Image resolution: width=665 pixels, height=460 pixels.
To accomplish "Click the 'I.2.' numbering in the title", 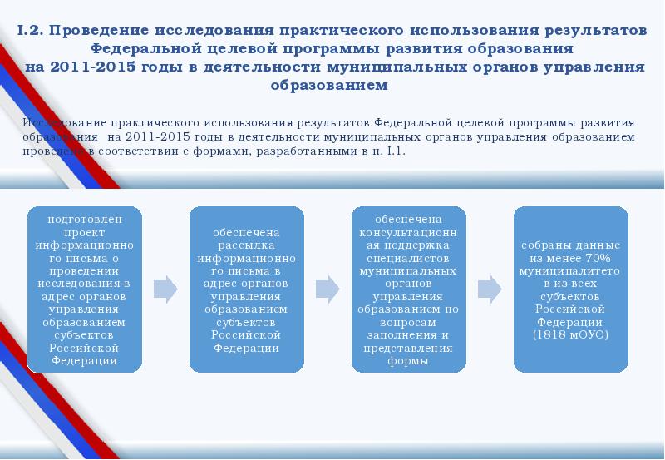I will pyautogui.click(x=31, y=30).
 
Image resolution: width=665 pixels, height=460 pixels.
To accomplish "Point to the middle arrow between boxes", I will pyautogui.click(x=328, y=289).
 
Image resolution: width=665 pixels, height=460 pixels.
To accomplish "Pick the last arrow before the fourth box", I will pyautogui.click(x=489, y=289).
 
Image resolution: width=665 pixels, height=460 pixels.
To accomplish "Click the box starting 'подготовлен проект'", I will pyautogui.click(x=84, y=289).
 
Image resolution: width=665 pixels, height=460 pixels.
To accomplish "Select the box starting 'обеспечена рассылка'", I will pyautogui.click(x=246, y=289).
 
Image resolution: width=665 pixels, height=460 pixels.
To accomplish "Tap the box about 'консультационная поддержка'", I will pyautogui.click(x=407, y=289).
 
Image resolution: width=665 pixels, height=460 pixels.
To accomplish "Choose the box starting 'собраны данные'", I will pyautogui.click(x=569, y=289).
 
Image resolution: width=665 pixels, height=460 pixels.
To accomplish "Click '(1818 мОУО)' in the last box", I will pyautogui.click(x=570, y=334).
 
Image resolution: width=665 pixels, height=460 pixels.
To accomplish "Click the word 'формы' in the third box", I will pyautogui.click(x=407, y=361).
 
